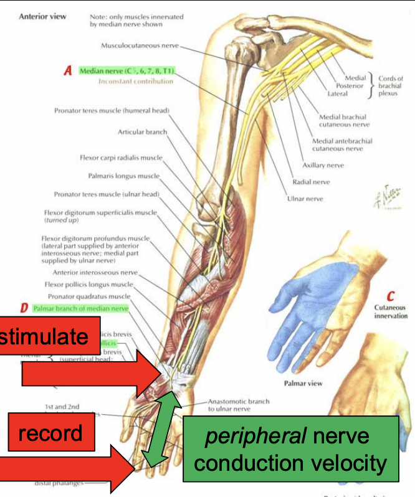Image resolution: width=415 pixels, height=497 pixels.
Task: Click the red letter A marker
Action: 68,72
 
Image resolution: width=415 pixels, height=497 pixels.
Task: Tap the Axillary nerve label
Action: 323,165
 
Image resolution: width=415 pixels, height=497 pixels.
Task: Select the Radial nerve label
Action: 311,182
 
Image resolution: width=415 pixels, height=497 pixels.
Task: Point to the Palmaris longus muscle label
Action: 124,176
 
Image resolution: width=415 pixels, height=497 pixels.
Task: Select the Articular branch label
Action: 142,132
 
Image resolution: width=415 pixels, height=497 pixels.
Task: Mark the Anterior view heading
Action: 42,16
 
